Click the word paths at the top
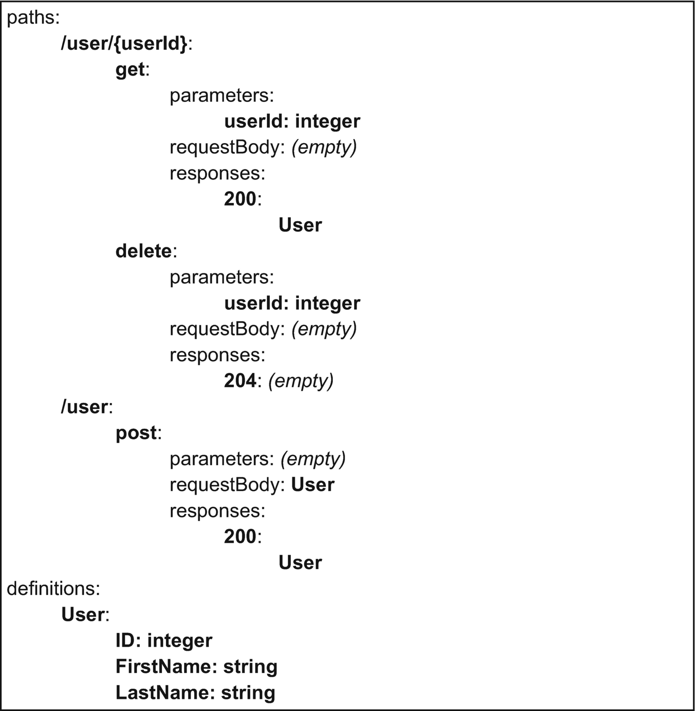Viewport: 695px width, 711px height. (33, 18)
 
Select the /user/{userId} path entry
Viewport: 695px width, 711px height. (126, 43)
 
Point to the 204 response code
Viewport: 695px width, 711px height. (240, 381)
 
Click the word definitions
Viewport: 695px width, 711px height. (54, 589)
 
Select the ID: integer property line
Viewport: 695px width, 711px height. (164, 640)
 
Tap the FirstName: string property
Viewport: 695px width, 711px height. (197, 666)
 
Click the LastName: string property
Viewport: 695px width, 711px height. (195, 692)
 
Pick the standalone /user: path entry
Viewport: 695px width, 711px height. (87, 407)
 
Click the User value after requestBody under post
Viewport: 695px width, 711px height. (313, 485)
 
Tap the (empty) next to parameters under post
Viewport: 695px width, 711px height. (313, 459)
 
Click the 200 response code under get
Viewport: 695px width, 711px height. (240, 199)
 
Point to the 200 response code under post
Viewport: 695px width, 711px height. (240, 537)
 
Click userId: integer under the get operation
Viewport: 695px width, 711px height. (292, 121)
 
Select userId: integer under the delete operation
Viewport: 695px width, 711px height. (292, 303)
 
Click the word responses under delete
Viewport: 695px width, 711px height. (218, 355)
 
